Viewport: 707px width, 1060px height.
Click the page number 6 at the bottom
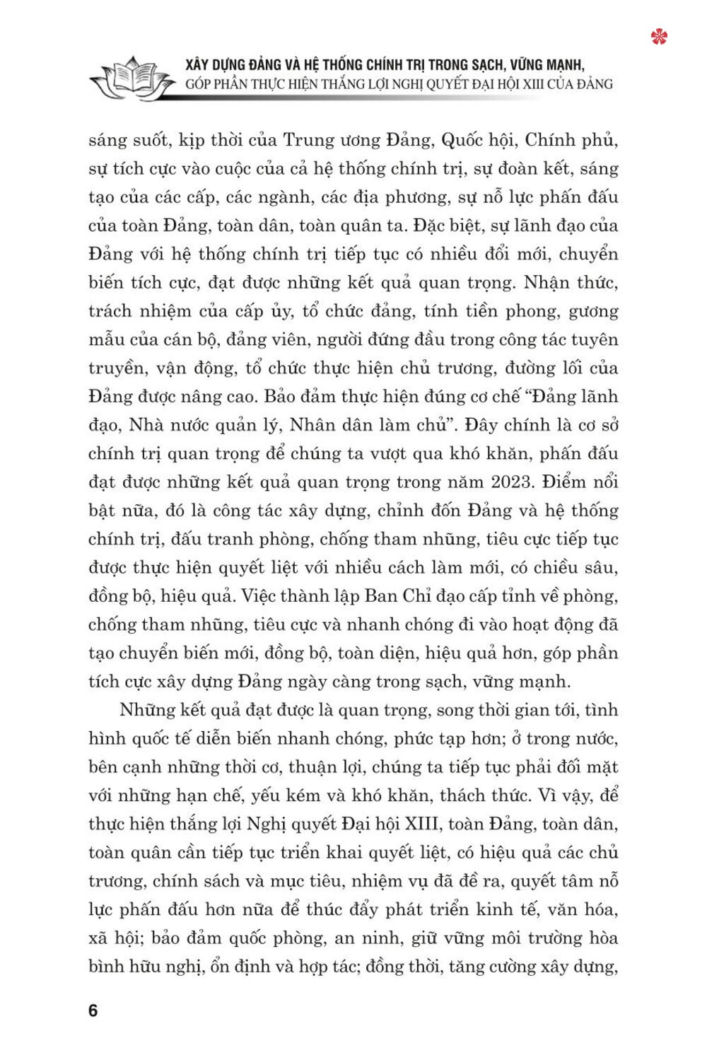93,1010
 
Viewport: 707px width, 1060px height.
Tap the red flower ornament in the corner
660,36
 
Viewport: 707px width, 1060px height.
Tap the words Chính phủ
571,140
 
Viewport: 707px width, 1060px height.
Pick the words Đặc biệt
448,226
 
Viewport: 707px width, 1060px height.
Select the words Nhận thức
571,283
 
